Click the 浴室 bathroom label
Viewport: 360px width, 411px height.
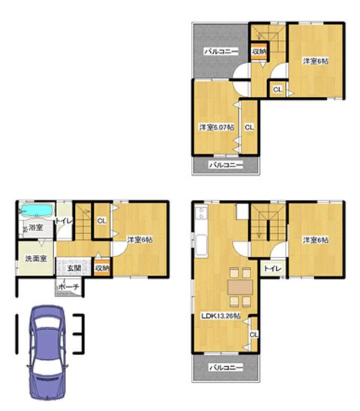(35, 227)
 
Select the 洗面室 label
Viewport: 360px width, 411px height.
(34, 258)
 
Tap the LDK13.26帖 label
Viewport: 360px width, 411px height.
(220, 316)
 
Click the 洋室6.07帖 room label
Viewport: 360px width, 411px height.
(215, 128)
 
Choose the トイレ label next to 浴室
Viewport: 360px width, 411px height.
(64, 221)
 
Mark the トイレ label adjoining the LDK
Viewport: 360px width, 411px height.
(271, 268)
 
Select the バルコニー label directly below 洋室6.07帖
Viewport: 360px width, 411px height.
(225, 163)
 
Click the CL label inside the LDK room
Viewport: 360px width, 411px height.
(253, 334)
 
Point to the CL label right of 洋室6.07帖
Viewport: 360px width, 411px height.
(249, 127)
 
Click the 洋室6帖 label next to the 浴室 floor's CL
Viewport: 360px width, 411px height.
(139, 240)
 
